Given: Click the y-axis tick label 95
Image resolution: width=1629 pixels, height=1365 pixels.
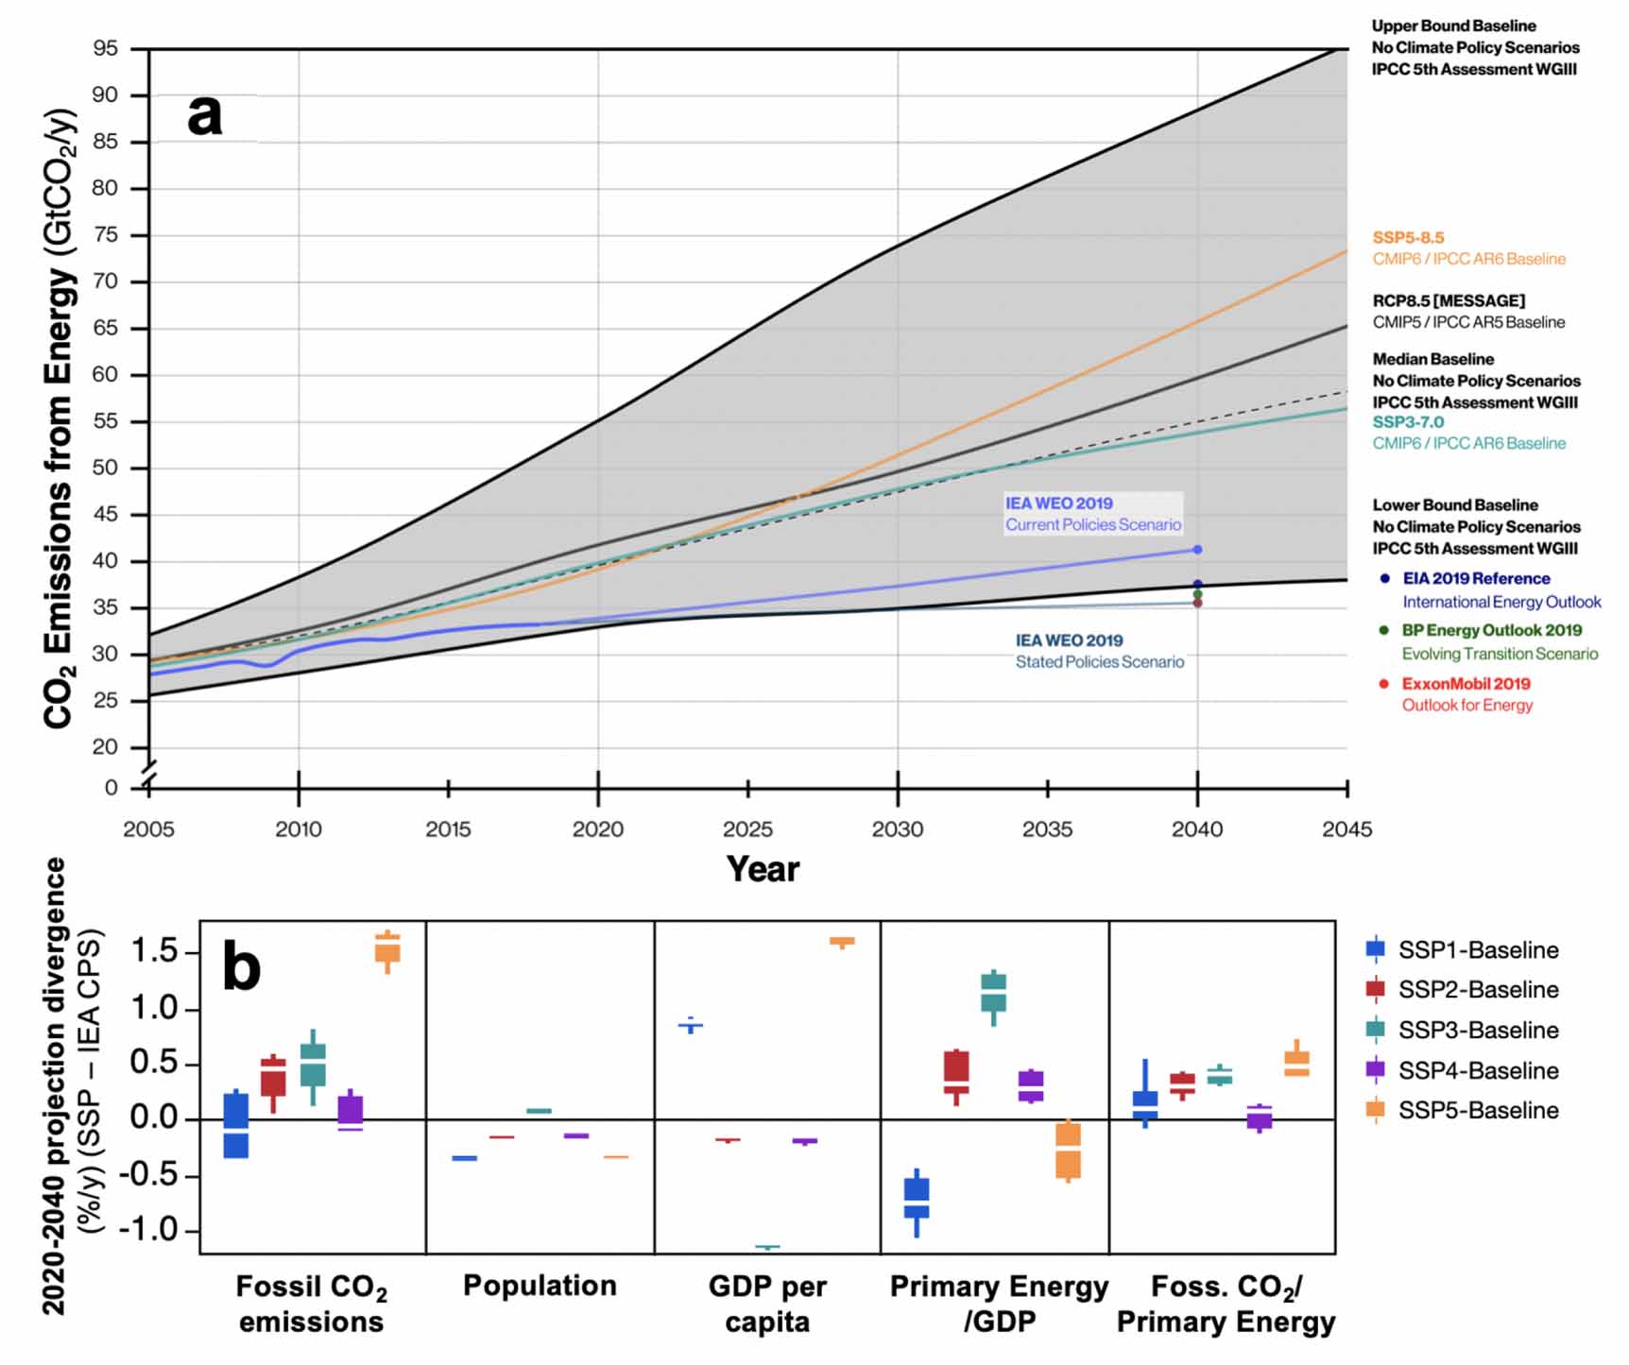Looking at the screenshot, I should tap(105, 48).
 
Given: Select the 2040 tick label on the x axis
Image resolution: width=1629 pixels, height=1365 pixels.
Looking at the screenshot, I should tap(1196, 829).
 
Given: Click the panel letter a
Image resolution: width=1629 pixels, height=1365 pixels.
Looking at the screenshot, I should tap(205, 115).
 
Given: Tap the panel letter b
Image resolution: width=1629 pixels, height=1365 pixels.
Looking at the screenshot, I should tap(241, 966).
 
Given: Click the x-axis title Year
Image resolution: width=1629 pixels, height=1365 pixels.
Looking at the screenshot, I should tap(763, 869).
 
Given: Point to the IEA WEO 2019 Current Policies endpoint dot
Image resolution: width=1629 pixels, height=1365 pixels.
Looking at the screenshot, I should tap(1197, 550).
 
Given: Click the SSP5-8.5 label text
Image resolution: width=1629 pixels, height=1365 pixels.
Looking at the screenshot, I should tap(1408, 238).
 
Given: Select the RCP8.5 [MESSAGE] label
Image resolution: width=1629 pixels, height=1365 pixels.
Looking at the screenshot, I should tap(1449, 301).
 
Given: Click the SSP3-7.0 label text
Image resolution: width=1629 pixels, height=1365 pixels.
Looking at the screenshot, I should tap(1408, 422).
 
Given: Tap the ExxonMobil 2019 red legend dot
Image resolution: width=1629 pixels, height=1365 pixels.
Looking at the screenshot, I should tap(1384, 684).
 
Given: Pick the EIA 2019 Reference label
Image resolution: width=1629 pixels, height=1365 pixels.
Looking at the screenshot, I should tap(1476, 579).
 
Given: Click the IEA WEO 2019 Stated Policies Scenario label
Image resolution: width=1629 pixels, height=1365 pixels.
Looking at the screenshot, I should tap(1099, 652).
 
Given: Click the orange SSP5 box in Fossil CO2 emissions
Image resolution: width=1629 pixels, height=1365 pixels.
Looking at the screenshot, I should tap(387, 947).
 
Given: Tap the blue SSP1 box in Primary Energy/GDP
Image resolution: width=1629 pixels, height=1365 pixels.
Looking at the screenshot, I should tap(917, 1198).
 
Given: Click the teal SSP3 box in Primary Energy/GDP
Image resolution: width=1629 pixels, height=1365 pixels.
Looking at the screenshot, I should tap(993, 993).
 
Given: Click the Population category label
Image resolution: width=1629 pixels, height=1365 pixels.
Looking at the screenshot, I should tap(540, 1286).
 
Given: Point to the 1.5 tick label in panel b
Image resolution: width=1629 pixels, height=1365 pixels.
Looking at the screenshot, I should tap(154, 951).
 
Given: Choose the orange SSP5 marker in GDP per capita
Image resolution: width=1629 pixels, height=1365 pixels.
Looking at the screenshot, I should tap(842, 941).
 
